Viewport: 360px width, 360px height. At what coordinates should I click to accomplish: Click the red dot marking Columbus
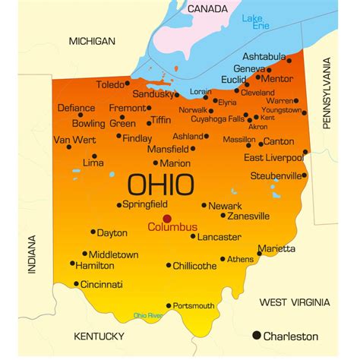[167, 218]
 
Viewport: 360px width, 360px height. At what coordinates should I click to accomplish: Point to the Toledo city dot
[128, 84]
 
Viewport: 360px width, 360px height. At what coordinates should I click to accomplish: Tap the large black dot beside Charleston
[257, 335]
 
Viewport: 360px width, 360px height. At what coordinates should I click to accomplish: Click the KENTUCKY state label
[99, 336]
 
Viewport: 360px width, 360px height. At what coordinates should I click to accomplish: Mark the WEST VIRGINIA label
[295, 302]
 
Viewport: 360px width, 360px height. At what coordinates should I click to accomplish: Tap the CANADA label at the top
[207, 8]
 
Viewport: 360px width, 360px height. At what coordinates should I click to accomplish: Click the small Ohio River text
[148, 315]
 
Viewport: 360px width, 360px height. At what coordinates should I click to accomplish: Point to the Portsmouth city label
[194, 305]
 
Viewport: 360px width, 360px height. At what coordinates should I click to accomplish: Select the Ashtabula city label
[264, 56]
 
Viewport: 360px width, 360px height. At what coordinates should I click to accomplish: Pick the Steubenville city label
[276, 175]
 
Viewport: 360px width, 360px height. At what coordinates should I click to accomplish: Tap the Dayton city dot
[93, 232]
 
